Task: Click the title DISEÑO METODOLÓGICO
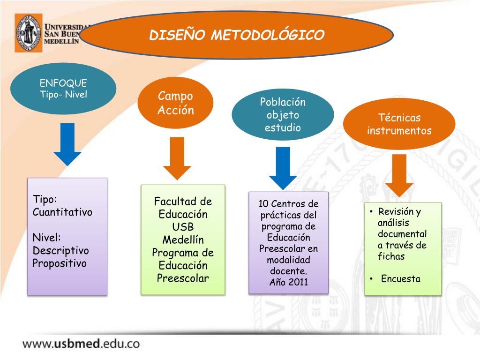coord(237,35)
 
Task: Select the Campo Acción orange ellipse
coord(175,103)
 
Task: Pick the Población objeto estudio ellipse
coord(283,115)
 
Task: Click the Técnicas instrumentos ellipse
coord(399,124)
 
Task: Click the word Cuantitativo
coord(62,212)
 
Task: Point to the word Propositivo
coord(60,263)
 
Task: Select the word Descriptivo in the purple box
coord(60,250)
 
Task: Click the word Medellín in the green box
coord(183,240)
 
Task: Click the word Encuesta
coord(401,279)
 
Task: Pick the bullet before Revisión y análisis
coord(371,212)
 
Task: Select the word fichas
coord(391,256)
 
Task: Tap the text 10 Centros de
coord(288,204)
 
